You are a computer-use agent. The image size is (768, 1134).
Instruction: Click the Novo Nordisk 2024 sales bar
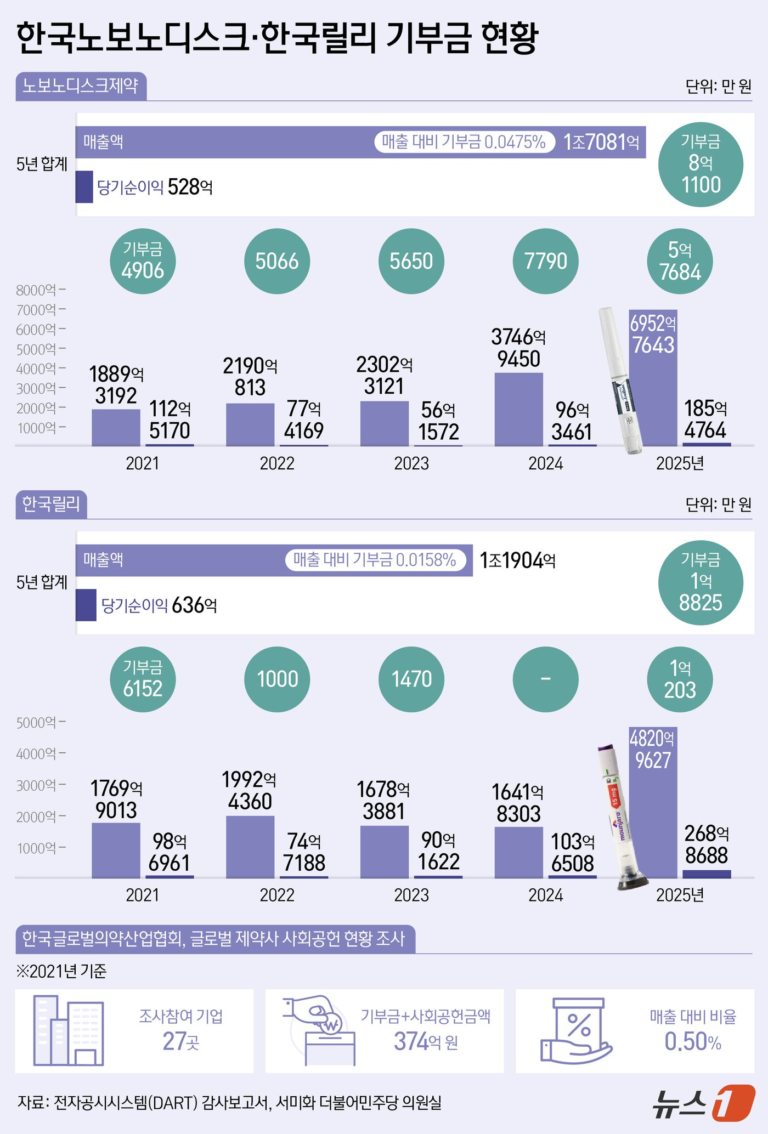tap(518, 410)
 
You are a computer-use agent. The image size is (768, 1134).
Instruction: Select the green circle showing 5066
tap(277, 261)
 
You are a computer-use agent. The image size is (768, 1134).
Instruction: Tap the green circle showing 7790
tap(545, 261)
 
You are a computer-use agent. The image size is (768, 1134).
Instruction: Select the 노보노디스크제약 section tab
tap(81, 86)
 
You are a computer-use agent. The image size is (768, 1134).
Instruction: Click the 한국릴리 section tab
tap(51, 504)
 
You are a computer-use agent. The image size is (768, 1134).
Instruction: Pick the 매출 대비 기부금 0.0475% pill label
tap(464, 142)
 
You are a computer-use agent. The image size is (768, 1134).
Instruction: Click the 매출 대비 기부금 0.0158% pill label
tap(375, 560)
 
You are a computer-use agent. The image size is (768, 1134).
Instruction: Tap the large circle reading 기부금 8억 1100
tap(701, 165)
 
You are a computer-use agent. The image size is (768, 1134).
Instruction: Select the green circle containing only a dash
tap(545, 679)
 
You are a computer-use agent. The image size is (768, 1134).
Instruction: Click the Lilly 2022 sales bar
tap(250, 847)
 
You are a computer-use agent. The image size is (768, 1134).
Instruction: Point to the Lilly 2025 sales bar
tap(653, 802)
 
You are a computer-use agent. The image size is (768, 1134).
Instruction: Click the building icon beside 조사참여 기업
tap(69, 1030)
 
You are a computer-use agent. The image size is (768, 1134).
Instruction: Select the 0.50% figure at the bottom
tap(693, 1041)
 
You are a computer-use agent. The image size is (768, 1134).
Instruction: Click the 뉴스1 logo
tap(704, 1103)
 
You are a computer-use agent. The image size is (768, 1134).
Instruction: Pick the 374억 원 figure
tap(426, 1041)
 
